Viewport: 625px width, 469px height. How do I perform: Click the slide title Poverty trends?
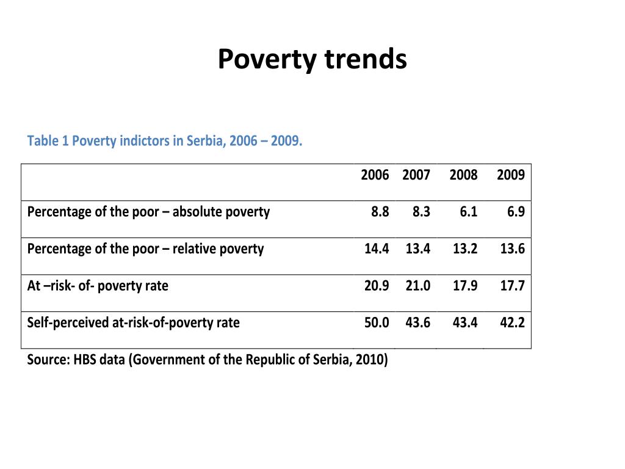coord(312,59)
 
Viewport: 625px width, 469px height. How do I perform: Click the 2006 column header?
coord(375,175)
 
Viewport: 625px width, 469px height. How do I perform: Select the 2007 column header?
coord(416,175)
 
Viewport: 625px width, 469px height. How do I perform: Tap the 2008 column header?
coord(463,175)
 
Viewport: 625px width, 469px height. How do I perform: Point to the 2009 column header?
coord(511,175)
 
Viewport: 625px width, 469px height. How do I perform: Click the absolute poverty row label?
coord(148,212)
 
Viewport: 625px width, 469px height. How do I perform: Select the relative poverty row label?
coord(145,249)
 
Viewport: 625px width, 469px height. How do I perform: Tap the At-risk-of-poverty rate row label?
coord(98,286)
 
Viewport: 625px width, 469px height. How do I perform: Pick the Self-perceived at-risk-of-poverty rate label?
coord(133,322)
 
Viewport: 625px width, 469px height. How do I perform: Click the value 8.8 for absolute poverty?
coord(380,211)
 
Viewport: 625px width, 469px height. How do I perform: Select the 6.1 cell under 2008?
coord(468,211)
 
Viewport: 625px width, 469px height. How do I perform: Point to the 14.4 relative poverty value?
coord(376,249)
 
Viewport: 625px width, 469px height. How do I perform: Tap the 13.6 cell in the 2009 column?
coord(512,249)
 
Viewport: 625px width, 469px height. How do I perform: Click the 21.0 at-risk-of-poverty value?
coord(417,286)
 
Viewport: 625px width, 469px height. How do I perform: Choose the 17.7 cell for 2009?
coord(512,286)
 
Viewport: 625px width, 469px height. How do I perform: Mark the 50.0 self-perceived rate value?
coord(376,322)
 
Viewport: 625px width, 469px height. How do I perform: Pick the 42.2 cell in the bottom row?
coord(512,322)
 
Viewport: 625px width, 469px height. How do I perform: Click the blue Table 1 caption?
coord(165,141)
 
